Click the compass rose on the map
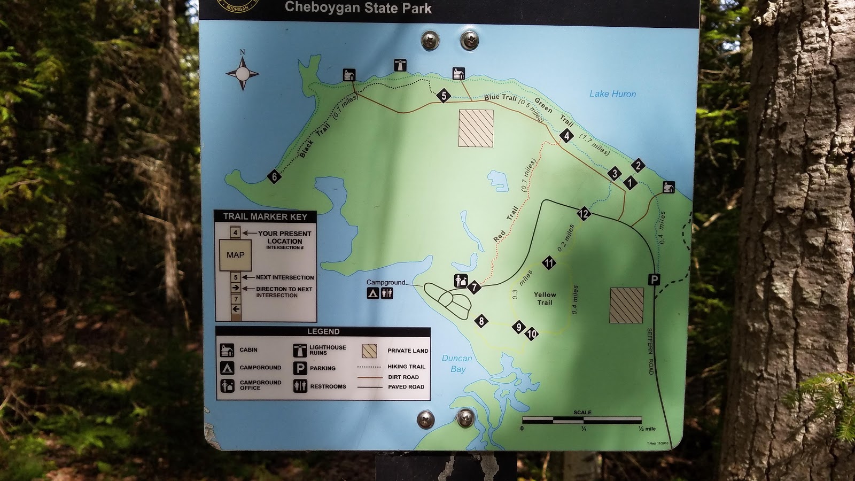[x=243, y=73]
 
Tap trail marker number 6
[x=274, y=176]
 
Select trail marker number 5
[x=443, y=96]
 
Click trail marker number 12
[x=583, y=214]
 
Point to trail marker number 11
[x=549, y=262]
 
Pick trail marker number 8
[x=481, y=321]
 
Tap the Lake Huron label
[x=612, y=94]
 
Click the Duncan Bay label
[x=457, y=363]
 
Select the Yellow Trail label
[x=545, y=298]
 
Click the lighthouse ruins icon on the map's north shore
[x=400, y=65]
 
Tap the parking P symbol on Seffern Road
[x=654, y=279]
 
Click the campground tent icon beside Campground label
[x=373, y=293]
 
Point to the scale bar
[x=582, y=420]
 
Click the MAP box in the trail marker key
[x=235, y=255]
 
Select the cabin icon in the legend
[x=227, y=350]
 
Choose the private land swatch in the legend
[x=369, y=351]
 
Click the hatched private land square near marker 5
[x=476, y=128]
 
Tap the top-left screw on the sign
[x=430, y=40]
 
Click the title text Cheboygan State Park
[x=358, y=7]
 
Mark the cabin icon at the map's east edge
[x=669, y=187]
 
